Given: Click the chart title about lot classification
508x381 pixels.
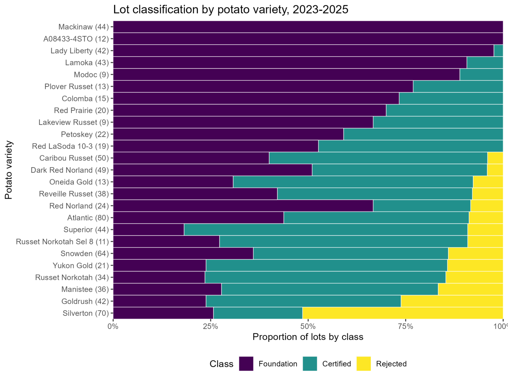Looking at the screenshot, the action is (x=231, y=10).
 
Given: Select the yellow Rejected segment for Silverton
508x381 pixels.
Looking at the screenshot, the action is (x=403, y=313).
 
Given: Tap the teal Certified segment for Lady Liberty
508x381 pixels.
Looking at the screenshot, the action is (x=498, y=51).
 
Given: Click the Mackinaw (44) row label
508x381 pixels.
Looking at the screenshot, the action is (x=84, y=27).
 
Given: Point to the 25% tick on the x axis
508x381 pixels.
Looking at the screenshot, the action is (x=211, y=320).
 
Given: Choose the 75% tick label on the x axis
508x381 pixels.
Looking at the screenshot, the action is (x=406, y=327).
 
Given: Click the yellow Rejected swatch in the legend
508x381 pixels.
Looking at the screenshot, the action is (x=364, y=364).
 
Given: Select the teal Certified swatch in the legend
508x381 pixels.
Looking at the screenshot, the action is (x=310, y=364).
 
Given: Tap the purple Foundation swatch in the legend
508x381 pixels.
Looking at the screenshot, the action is (x=246, y=364).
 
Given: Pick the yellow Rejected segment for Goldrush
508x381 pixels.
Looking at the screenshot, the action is (x=452, y=301).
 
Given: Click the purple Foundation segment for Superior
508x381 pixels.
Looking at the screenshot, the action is (x=149, y=230).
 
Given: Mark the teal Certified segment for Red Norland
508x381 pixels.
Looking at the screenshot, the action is (x=422, y=206).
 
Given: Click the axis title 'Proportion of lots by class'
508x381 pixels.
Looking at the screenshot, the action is (x=308, y=337).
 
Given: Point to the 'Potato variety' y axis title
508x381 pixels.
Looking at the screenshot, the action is (x=9, y=170).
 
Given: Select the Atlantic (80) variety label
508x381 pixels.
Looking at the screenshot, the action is (x=88, y=218).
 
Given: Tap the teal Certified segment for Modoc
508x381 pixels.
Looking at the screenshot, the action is (x=481, y=75).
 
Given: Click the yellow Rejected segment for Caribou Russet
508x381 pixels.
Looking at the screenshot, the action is (x=495, y=158).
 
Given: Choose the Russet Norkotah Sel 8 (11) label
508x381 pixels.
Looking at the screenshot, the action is (x=63, y=242).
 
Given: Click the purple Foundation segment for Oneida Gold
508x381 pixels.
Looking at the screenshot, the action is (x=173, y=182).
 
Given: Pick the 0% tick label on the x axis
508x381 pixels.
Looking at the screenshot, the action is (x=113, y=327).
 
